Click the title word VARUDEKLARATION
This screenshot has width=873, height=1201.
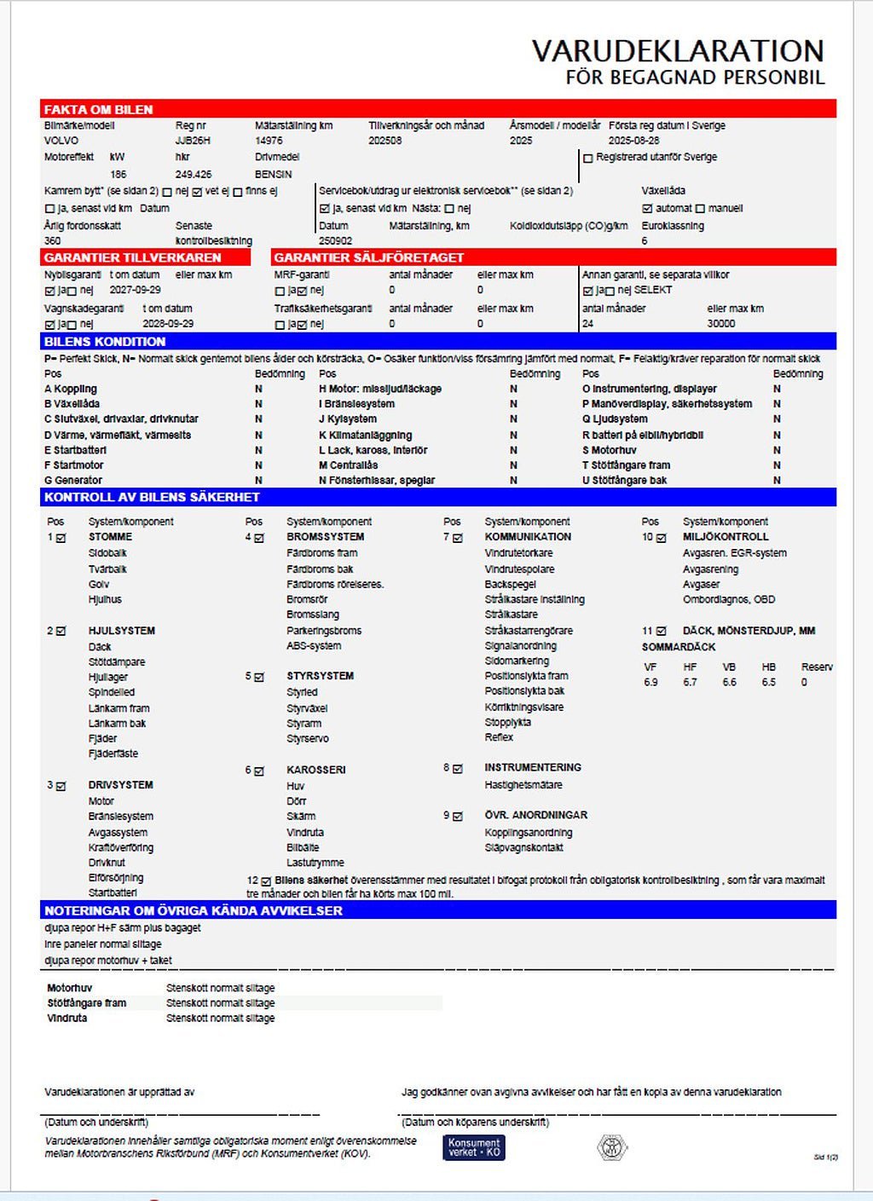pos(678,51)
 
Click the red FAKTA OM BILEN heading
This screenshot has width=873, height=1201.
pos(98,110)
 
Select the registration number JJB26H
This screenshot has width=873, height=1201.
pos(193,141)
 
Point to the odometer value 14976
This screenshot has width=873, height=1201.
pos(269,141)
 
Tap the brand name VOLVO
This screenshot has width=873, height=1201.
pos(61,141)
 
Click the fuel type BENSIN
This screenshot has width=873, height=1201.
pos(273,174)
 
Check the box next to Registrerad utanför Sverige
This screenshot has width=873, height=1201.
pos(588,158)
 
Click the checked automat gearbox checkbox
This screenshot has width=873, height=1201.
pos(647,209)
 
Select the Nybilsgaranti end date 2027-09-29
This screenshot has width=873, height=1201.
pos(135,290)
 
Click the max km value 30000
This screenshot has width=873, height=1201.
pos(721,324)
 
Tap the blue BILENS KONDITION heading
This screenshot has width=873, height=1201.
pos(105,342)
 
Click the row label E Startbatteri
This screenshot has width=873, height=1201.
pos(75,450)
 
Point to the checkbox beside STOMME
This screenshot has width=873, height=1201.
pos(61,538)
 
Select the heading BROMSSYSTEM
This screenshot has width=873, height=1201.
pos(325,537)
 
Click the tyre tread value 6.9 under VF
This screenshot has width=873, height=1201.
pos(650,683)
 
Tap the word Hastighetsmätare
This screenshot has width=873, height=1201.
pos(523,785)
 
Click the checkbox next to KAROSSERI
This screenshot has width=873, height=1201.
pos(259,771)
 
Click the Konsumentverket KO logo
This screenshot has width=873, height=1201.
pos(473,1147)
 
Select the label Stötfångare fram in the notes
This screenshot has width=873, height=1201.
pos(86,1003)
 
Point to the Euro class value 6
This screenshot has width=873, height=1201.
pos(645,241)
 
